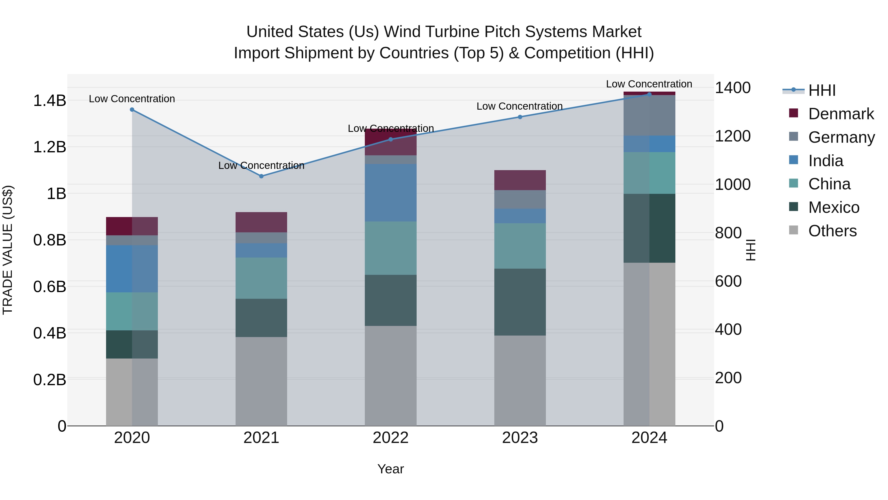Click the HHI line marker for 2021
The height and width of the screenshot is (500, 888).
pos(261,176)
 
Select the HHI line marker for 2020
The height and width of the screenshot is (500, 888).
pos(132,110)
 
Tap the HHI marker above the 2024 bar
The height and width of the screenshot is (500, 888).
pos(649,94)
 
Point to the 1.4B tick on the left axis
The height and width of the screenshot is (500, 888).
pos(50,101)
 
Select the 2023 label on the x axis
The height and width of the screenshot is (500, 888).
pos(520,438)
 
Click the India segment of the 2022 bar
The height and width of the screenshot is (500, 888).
pos(390,193)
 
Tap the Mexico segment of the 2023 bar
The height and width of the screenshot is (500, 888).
pos(520,302)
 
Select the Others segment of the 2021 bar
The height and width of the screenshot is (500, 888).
pos(261,381)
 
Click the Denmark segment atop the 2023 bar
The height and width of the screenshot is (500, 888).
pos(520,180)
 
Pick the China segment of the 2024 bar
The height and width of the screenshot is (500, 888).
pos(649,173)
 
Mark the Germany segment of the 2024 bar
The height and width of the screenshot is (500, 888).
pos(649,116)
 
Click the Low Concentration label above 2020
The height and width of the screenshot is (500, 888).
pos(132,99)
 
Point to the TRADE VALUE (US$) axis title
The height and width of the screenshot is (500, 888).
pos(8,250)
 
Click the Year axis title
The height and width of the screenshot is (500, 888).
pos(390,469)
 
